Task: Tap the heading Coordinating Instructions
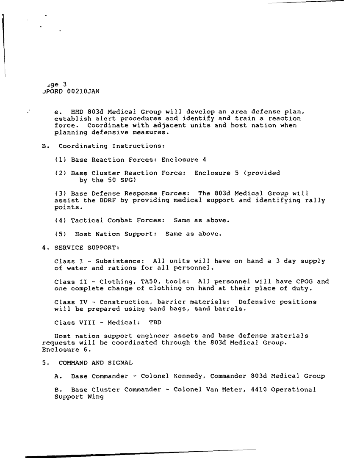coord(111,146)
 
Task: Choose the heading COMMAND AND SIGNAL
coord(96,363)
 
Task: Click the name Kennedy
coord(189,376)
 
